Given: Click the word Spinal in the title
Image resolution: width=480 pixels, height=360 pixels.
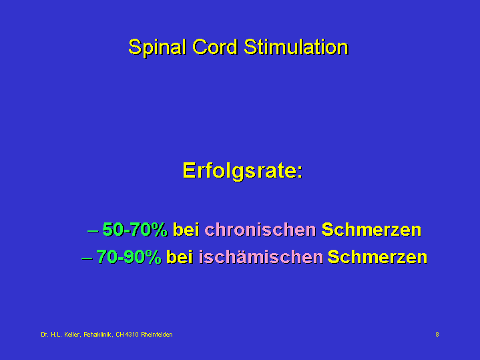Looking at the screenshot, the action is click(158, 47).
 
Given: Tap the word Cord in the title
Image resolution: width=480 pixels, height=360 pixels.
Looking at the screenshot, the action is click(215, 47).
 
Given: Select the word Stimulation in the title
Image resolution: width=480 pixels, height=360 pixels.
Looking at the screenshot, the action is click(296, 47).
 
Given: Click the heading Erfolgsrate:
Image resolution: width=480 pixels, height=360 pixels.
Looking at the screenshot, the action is click(242, 171).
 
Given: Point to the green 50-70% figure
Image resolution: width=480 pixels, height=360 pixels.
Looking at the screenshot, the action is click(135, 229).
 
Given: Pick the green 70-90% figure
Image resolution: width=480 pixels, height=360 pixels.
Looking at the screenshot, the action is click(129, 256).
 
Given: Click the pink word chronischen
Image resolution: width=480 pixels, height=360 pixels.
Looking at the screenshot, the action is click(260, 229).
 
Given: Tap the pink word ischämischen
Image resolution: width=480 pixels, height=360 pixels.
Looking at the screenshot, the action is click(261, 256).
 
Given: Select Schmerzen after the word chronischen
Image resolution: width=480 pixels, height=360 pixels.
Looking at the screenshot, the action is click(372, 229).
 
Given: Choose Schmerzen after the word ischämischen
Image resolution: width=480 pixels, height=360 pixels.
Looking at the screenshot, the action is click(377, 256).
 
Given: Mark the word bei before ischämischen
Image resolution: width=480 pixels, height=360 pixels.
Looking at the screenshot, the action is click(180, 256).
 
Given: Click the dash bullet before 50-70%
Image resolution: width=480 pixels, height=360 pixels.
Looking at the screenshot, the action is click(93, 231).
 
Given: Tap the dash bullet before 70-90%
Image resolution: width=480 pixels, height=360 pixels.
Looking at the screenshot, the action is click(87, 258).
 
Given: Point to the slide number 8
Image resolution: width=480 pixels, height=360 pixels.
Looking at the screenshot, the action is click(437, 335).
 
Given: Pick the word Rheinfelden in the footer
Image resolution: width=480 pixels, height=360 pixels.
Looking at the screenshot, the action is click(157, 335).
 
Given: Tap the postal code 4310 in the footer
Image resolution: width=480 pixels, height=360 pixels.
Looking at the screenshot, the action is click(132, 335).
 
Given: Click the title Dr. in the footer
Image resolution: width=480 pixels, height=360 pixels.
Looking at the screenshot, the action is click(45, 335).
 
